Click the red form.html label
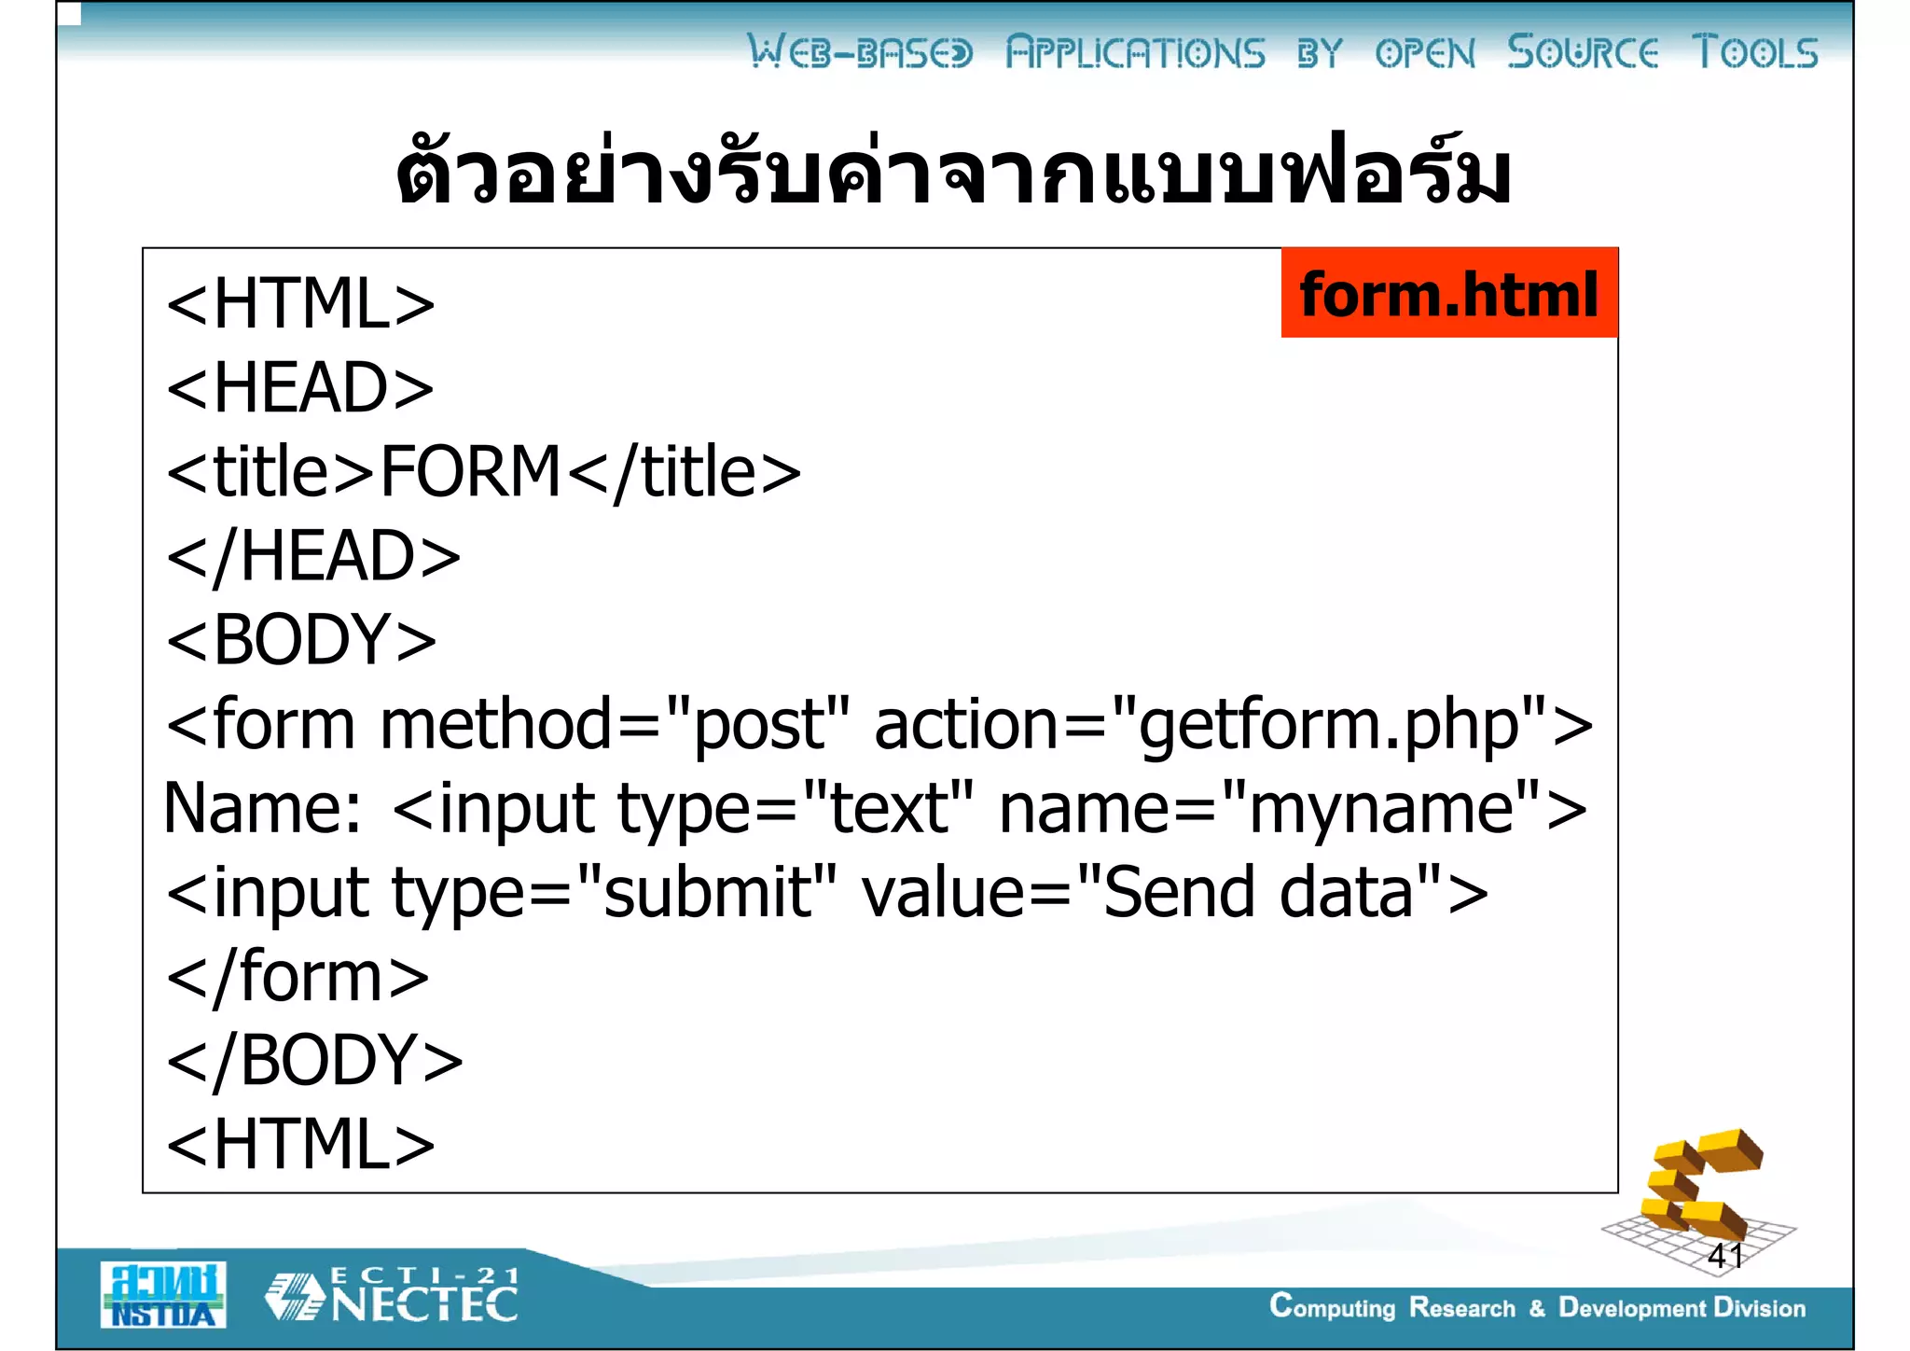pyautogui.click(x=1448, y=293)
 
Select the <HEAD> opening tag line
pyautogui.click(x=299, y=388)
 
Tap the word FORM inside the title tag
pyautogui.click(x=470, y=472)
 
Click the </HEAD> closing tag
pyautogui.click(x=313, y=556)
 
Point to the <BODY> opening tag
pyautogui.click(x=300, y=640)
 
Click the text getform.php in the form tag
pyautogui.click(x=1329, y=726)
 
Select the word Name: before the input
pyautogui.click(x=262, y=808)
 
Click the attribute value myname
pyautogui.click(x=1380, y=808)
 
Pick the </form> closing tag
pyautogui.click(x=298, y=977)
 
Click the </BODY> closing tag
pyautogui.click(x=314, y=1061)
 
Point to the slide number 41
pyautogui.click(x=1724, y=1255)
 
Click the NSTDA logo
pyautogui.click(x=163, y=1294)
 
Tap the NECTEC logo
pyautogui.click(x=392, y=1295)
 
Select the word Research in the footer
pyautogui.click(x=1461, y=1308)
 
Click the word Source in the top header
pyautogui.click(x=1582, y=52)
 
